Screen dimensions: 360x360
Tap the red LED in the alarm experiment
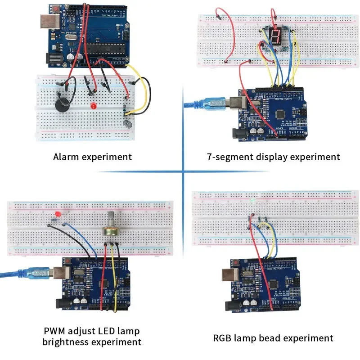(x=93, y=107)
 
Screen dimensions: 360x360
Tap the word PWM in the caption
(x=54, y=331)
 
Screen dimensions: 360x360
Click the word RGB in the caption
(x=223, y=338)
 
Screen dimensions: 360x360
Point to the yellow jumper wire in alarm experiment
(x=145, y=90)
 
